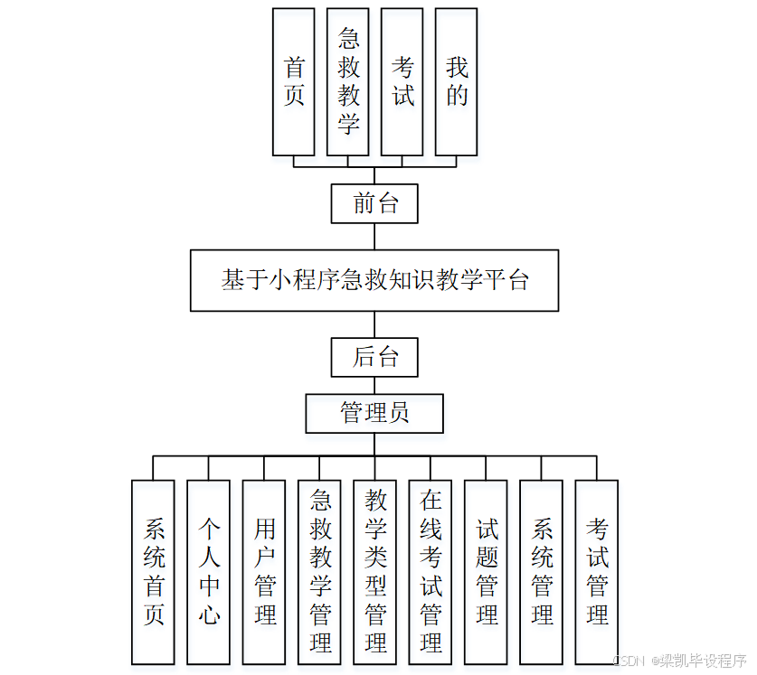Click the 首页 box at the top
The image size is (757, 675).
(x=293, y=81)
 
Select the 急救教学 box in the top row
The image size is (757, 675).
(x=348, y=81)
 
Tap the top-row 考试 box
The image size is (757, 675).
(x=402, y=81)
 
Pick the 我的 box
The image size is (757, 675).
(x=456, y=81)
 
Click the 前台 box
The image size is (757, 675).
(x=374, y=203)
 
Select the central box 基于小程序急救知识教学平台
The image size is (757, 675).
(x=374, y=280)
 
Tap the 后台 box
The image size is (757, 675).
(x=374, y=357)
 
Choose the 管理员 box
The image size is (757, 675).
(x=374, y=413)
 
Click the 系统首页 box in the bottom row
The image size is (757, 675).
(x=153, y=572)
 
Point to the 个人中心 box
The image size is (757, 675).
(x=208, y=572)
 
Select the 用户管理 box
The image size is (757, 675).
(x=264, y=572)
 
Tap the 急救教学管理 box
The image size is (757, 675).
(x=319, y=572)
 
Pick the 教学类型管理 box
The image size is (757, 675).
(x=374, y=572)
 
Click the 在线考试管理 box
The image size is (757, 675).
(x=431, y=572)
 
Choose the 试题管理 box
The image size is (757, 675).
(x=486, y=572)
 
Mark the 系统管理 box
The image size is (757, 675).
(x=542, y=572)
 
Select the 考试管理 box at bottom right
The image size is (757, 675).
(x=597, y=572)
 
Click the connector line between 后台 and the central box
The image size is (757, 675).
(x=374, y=324)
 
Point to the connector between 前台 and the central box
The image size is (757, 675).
(x=374, y=236)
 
